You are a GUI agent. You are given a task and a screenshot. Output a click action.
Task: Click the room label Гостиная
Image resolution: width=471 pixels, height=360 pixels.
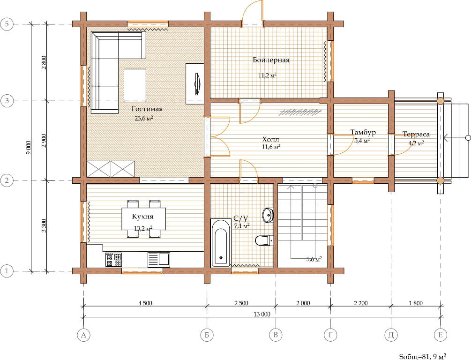click(147, 109)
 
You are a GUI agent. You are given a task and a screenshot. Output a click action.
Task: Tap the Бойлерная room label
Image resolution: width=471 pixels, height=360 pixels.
click(271, 60)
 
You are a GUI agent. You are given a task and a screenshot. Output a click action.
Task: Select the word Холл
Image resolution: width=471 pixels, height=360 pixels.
click(270, 139)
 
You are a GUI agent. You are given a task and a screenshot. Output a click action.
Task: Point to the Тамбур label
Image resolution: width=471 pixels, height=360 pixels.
click(363, 132)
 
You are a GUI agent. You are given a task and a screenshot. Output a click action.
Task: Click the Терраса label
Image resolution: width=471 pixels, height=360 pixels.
click(416, 135)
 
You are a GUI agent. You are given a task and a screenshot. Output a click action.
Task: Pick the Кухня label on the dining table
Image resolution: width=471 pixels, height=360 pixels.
click(142, 217)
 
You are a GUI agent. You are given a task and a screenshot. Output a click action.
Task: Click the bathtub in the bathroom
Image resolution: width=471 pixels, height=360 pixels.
click(221, 243)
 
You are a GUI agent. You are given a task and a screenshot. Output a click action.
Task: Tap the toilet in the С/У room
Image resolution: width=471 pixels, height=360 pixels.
click(264, 240)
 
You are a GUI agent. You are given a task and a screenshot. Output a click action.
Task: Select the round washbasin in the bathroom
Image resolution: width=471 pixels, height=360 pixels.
click(268, 215)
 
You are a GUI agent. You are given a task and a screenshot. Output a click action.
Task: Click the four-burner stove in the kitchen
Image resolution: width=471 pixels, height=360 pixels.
click(113, 260)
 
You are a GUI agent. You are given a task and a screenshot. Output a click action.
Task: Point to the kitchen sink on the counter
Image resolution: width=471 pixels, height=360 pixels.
click(158, 260)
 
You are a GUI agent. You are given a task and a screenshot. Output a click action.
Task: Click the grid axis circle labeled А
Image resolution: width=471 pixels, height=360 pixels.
click(83, 335)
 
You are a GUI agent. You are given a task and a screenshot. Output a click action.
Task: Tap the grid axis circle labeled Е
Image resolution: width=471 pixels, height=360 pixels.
click(441, 335)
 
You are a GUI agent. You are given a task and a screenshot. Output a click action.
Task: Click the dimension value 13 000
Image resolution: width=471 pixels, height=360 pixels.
click(262, 315)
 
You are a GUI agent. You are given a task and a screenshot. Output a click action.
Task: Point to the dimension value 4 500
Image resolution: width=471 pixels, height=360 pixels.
click(145, 303)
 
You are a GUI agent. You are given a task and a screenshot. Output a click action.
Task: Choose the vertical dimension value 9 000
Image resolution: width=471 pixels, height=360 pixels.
click(29, 148)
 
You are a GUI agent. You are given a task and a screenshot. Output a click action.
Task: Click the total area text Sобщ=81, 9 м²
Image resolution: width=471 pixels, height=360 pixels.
click(422, 356)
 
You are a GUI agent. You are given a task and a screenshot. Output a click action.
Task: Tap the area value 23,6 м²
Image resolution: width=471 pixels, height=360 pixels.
click(144, 118)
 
